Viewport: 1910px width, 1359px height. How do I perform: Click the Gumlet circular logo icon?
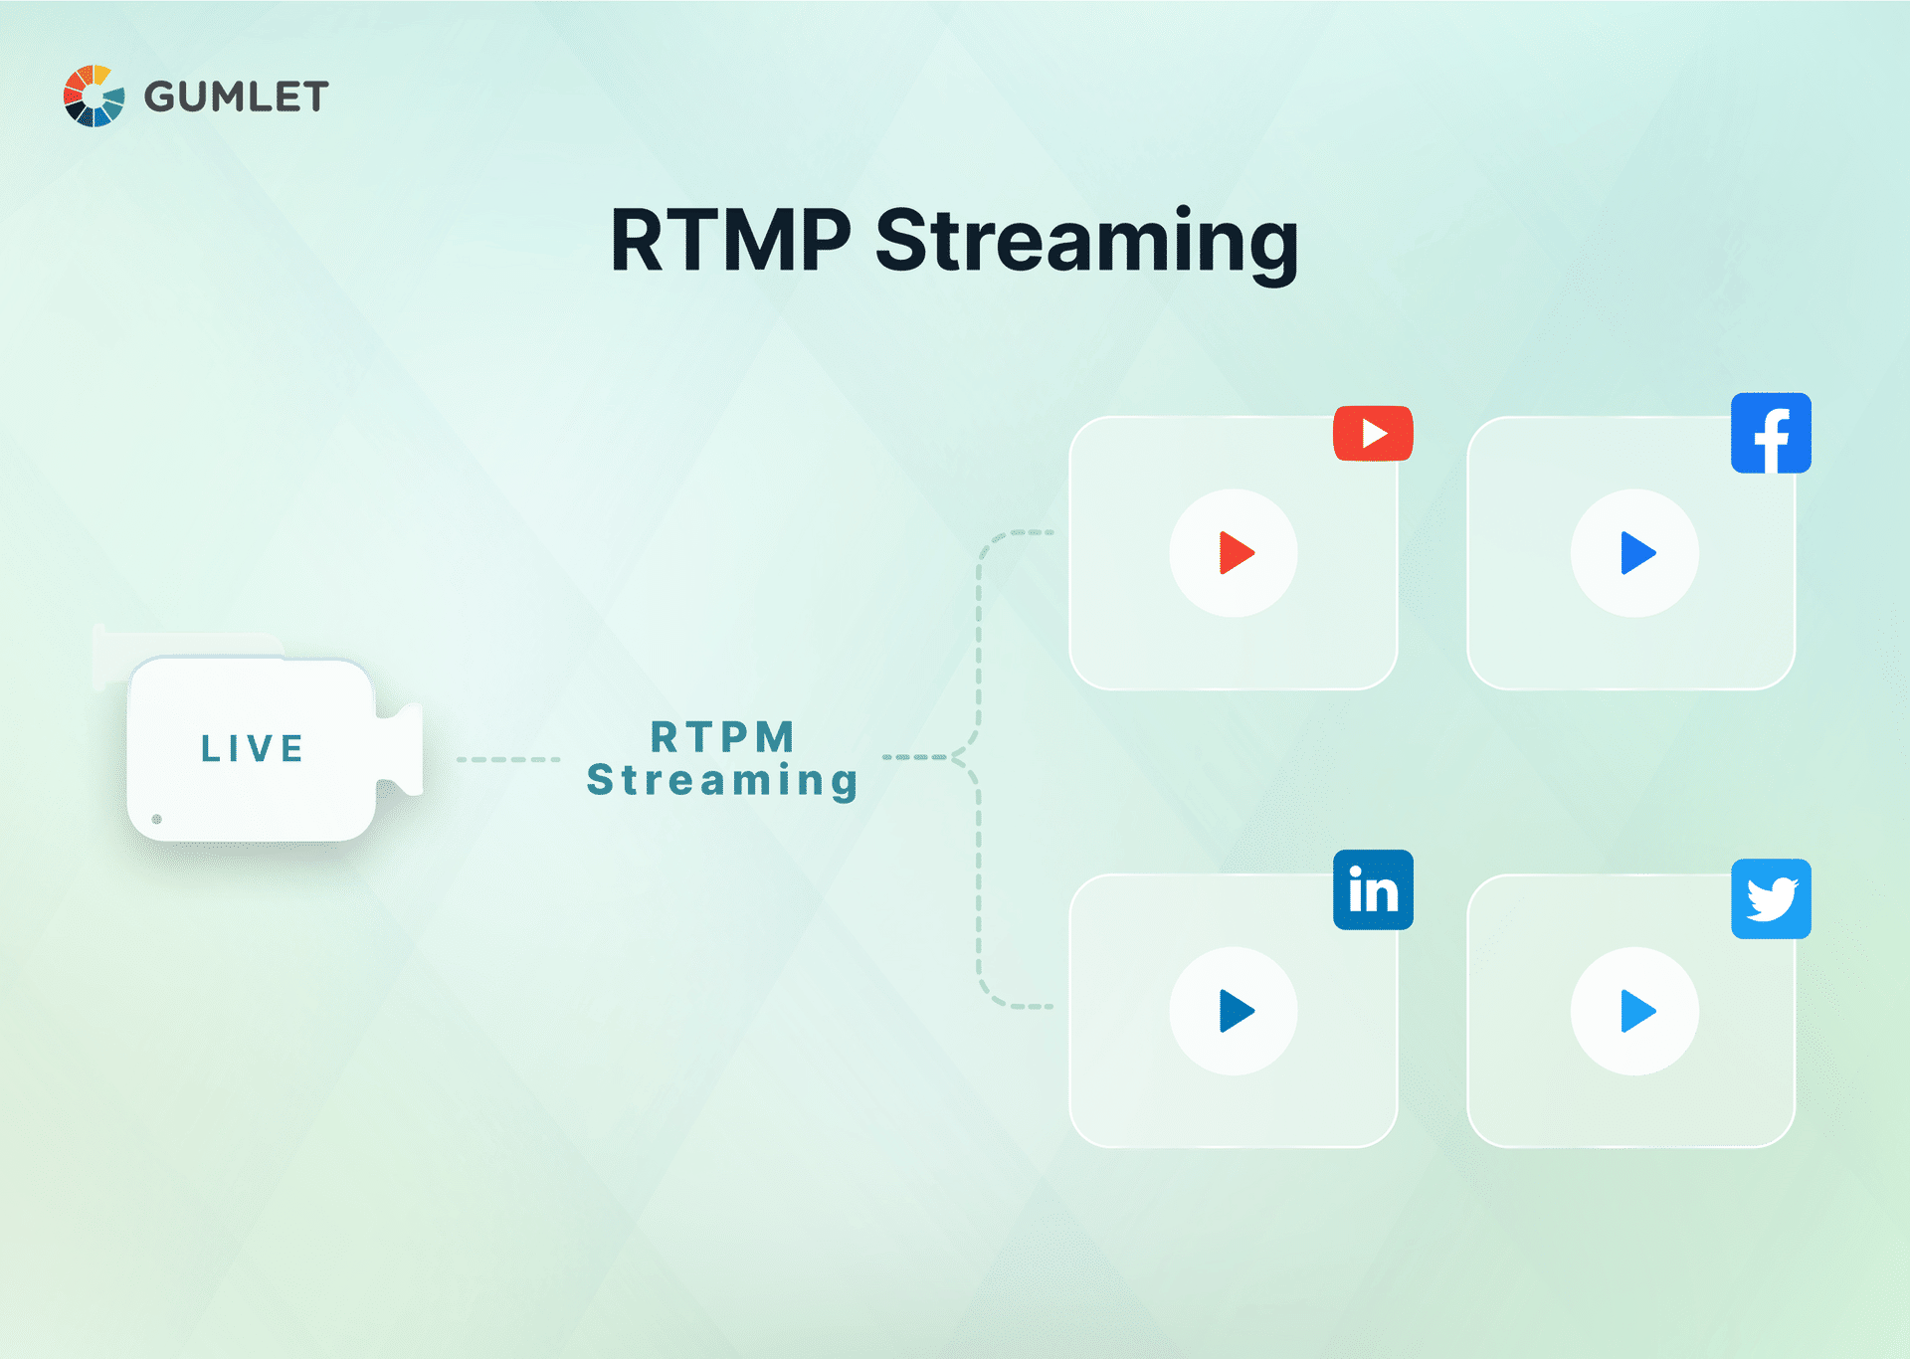point(94,97)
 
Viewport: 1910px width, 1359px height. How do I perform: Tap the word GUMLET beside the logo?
point(236,97)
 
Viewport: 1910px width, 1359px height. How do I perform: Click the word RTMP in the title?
point(731,241)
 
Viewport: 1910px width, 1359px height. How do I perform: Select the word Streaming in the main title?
point(1086,243)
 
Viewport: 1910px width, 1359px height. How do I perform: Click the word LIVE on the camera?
point(253,748)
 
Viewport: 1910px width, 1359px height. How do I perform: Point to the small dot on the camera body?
point(157,819)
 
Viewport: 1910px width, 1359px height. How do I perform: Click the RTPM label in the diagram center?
point(723,737)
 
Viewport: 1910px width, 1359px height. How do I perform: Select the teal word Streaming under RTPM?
point(723,781)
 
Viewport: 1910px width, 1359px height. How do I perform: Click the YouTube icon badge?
point(1373,434)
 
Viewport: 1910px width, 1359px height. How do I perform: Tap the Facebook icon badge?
point(1771,434)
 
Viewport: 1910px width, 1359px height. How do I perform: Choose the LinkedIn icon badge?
point(1373,889)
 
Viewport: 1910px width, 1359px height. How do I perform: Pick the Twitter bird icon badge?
point(1771,899)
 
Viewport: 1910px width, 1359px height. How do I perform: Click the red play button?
point(1234,553)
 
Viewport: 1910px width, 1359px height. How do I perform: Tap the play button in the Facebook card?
point(1634,553)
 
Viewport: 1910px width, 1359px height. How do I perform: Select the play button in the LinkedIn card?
point(1234,1011)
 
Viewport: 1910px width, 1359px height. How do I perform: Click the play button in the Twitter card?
point(1634,1011)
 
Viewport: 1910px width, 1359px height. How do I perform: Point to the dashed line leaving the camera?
point(507,759)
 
